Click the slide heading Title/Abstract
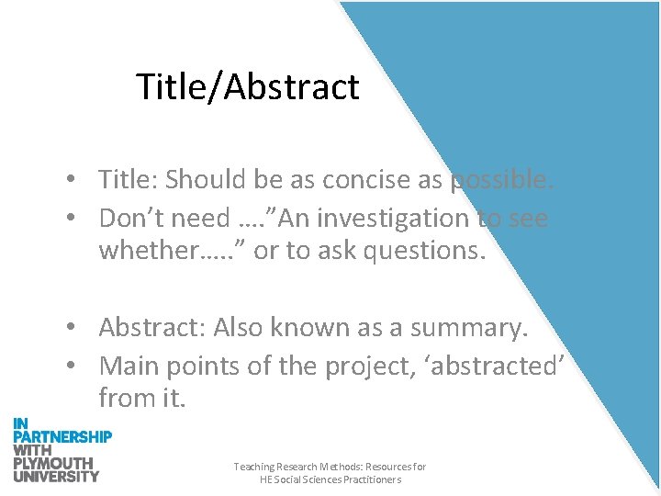pyautogui.click(x=247, y=87)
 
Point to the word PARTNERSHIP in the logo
pyautogui.click(x=62, y=436)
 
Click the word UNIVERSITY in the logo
pyautogui.click(x=56, y=476)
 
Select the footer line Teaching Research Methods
pyautogui.click(x=330, y=467)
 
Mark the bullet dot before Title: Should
pyautogui.click(x=82, y=181)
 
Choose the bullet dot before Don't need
pyautogui.click(x=82, y=220)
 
